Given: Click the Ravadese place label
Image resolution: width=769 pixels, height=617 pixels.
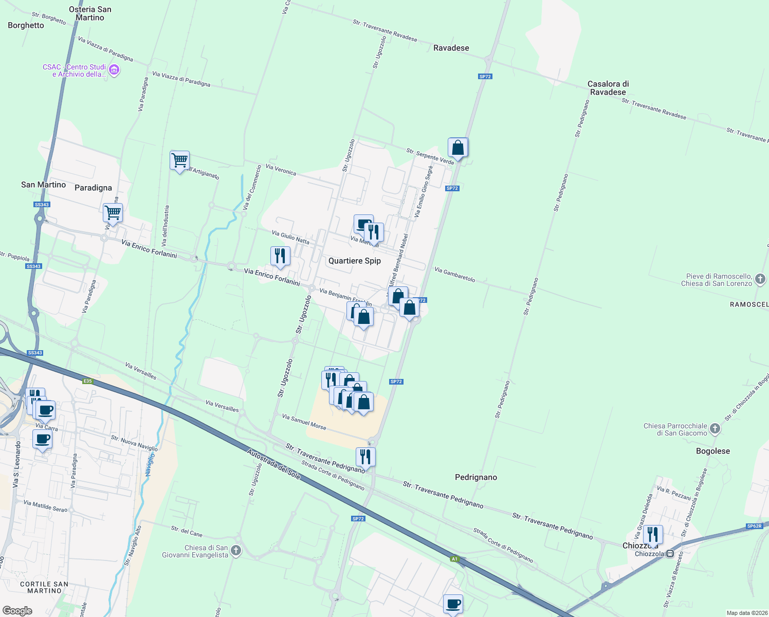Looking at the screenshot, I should tap(451, 48).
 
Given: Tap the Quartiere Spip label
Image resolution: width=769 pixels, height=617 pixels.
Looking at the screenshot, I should tap(354, 261).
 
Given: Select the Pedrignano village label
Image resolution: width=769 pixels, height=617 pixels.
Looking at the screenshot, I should tap(475, 477).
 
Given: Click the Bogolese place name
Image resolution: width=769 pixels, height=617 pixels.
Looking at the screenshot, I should tap(712, 451).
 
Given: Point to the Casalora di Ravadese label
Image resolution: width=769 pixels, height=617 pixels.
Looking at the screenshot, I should tap(608, 88).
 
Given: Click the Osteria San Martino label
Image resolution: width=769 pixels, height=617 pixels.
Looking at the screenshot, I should tap(90, 13).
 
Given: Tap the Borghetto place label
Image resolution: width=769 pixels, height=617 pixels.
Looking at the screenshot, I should tap(26, 25).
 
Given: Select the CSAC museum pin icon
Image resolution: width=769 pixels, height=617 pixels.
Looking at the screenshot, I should tap(115, 70).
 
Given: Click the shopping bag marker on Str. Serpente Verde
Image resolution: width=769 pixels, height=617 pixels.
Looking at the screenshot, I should tap(457, 148).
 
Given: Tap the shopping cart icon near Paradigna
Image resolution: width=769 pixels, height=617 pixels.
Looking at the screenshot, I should tap(113, 213).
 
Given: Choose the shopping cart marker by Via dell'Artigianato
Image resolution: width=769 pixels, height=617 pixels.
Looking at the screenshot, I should tap(179, 161).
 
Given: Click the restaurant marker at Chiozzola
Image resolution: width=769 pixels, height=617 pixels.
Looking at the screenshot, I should tap(652, 535).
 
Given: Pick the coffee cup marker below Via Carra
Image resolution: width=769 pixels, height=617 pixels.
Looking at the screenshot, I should tap(42, 440).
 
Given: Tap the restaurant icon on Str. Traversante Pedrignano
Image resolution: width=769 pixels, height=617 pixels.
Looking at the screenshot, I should tap(365, 457).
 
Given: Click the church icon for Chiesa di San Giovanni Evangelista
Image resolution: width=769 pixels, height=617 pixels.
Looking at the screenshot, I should tap(236, 551).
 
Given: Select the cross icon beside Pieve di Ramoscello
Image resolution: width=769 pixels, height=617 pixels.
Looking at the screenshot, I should tap(760, 279).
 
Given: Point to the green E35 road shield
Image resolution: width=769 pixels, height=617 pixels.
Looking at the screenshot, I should tap(87, 381).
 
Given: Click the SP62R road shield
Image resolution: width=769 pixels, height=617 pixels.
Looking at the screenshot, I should tap(754, 526).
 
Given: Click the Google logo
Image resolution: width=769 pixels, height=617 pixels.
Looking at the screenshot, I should tap(17, 610).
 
